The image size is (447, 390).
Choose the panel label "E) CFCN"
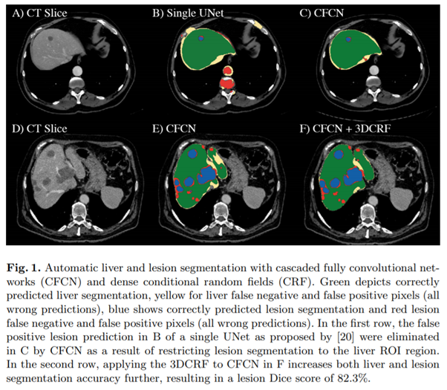(175, 127)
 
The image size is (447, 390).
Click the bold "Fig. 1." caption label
(27, 265)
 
